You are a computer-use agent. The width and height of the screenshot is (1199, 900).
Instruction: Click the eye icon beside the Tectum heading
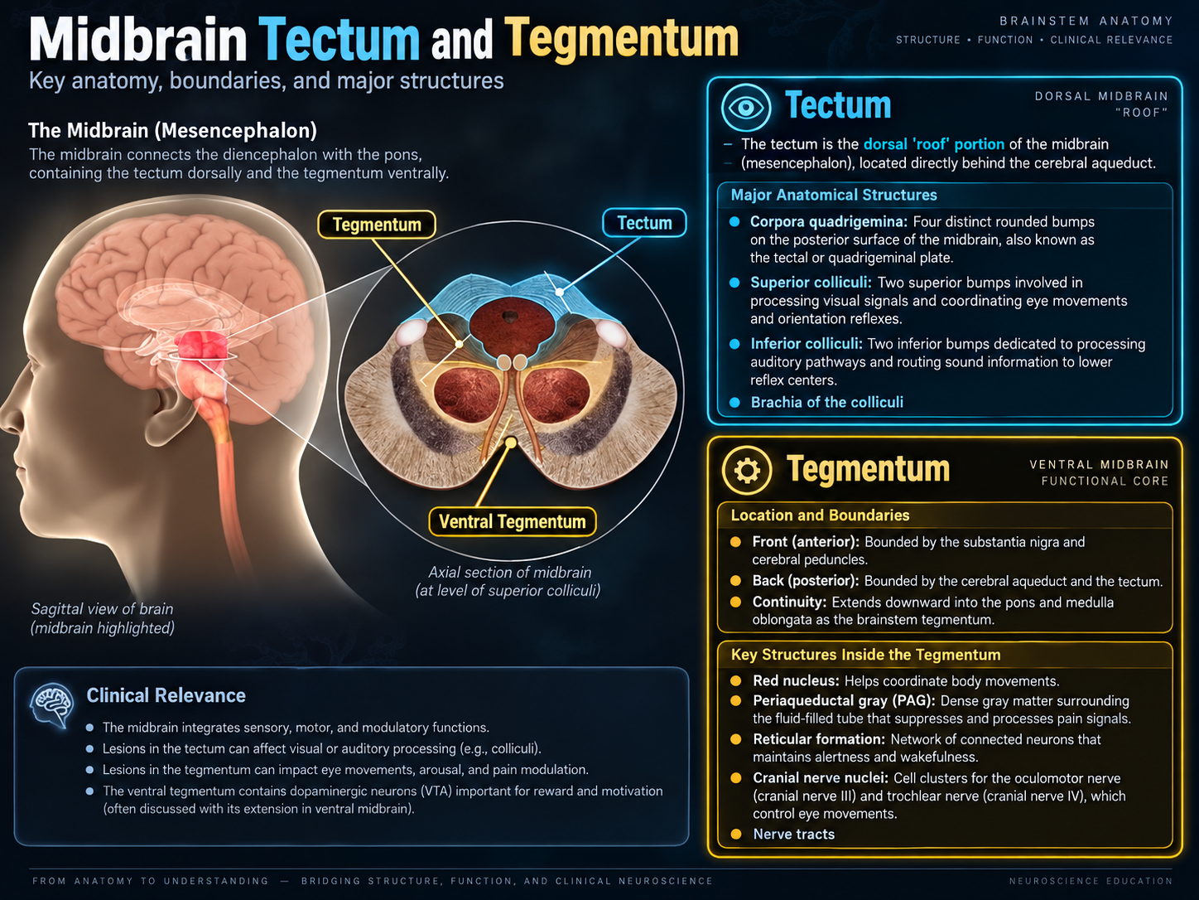[745, 108]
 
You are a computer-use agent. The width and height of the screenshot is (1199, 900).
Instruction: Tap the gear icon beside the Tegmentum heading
[747, 470]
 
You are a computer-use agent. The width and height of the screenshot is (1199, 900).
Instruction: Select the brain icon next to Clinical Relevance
[52, 706]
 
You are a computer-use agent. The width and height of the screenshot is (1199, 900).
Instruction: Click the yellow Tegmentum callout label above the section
[377, 225]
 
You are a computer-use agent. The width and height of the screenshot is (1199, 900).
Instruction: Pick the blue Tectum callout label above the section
[644, 223]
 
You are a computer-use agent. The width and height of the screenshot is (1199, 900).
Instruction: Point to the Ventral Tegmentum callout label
[513, 522]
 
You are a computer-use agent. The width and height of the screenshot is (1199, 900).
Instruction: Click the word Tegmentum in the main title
[621, 38]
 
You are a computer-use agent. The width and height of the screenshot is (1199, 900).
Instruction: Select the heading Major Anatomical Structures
[834, 195]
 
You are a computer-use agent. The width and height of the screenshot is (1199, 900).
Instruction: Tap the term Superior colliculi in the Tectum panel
[811, 283]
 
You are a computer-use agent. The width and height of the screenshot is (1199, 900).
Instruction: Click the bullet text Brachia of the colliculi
[827, 403]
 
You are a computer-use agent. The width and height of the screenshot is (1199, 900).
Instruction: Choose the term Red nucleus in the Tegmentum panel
[796, 681]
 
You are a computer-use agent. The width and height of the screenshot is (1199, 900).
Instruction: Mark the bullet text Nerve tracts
[794, 835]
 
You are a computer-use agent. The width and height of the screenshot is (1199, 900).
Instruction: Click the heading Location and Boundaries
[820, 515]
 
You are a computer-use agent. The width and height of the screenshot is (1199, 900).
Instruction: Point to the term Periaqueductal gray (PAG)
[844, 701]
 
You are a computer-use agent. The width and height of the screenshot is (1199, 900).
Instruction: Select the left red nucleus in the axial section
[468, 394]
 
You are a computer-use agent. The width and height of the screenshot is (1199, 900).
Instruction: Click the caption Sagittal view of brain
[102, 609]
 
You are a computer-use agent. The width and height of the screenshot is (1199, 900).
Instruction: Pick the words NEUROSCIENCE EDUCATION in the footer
[1091, 881]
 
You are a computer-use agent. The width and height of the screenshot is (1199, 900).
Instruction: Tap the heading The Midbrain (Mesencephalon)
[172, 131]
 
